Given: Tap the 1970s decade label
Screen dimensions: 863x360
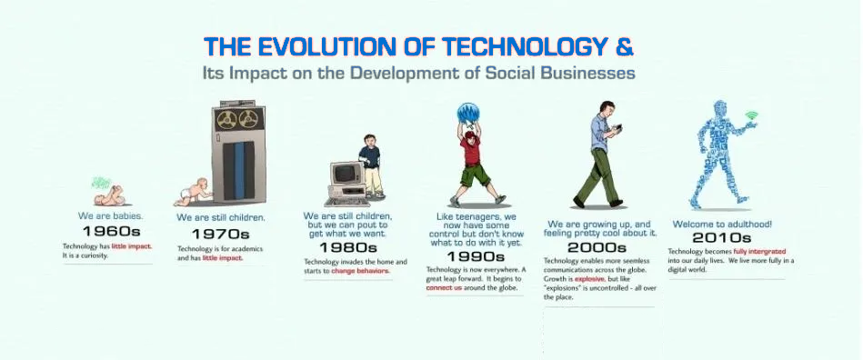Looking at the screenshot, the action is click(x=220, y=234).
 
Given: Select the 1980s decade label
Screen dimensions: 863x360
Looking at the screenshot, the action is click(x=348, y=247).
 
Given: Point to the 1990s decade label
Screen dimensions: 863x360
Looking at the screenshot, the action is click(x=476, y=256).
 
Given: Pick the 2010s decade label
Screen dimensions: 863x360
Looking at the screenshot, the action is click(x=721, y=238).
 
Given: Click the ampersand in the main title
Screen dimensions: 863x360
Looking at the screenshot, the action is click(x=624, y=46).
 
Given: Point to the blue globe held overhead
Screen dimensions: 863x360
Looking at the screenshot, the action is click(x=467, y=114).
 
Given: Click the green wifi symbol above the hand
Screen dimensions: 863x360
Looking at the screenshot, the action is click(x=752, y=115).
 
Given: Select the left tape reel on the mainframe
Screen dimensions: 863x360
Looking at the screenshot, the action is click(x=226, y=119).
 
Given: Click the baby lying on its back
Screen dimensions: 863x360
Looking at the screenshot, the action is click(x=108, y=195).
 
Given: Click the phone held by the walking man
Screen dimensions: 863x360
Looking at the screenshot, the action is click(x=618, y=128).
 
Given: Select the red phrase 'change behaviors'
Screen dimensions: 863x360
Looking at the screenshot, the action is click(x=360, y=272).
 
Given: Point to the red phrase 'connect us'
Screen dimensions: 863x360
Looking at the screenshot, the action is click(x=444, y=288).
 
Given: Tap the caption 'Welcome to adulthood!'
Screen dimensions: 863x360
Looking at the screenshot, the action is click(x=720, y=225).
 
